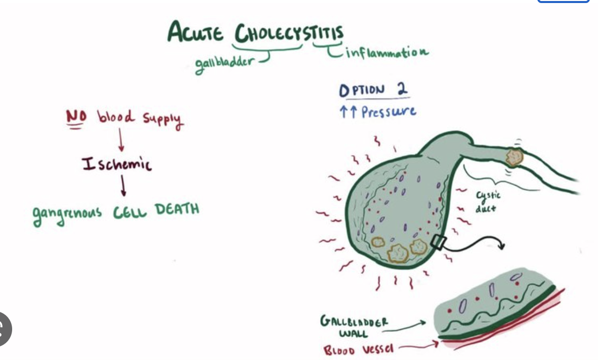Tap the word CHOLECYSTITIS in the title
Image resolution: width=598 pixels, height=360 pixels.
click(x=288, y=33)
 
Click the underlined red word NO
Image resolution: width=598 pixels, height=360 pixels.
click(x=76, y=117)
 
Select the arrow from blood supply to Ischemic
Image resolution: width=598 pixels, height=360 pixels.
click(x=120, y=140)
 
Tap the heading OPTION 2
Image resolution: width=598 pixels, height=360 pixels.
click(x=373, y=90)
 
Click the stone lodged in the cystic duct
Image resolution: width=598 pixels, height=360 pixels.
click(x=514, y=157)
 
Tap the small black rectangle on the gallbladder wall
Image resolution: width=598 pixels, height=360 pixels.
click(x=438, y=243)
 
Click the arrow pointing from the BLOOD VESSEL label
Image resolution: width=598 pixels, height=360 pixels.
click(x=417, y=347)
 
